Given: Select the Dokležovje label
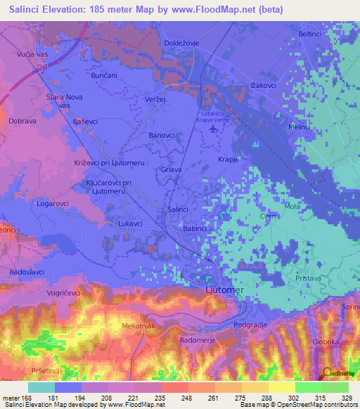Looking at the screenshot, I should pos(183,42).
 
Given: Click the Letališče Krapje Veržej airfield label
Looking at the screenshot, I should pos(212,117).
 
